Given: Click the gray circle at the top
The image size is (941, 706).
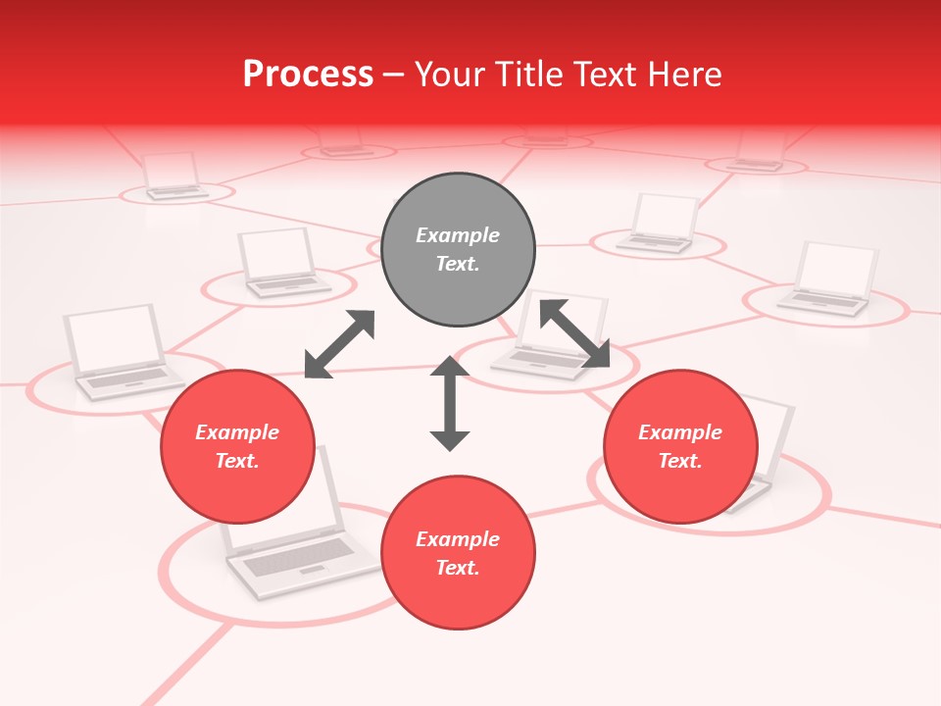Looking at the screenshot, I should [458, 250].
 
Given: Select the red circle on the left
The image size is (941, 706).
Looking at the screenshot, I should [237, 447].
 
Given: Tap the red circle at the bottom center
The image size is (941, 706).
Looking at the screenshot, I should [458, 553].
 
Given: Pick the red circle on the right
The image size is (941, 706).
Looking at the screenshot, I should [680, 447].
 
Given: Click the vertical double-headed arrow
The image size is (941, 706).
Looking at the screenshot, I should [450, 403].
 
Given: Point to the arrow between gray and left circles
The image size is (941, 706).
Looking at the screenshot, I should [339, 344].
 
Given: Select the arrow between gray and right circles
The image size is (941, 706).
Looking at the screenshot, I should [574, 333].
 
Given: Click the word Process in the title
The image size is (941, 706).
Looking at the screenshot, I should [308, 74].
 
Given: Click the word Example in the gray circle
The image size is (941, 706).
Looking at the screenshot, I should [458, 235].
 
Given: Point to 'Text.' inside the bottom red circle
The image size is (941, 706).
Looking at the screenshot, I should [458, 568].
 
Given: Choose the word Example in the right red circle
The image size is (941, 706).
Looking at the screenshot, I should [680, 432].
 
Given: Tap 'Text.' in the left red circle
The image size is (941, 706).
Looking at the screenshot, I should [237, 461].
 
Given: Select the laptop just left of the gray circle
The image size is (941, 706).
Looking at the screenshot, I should [280, 263].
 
